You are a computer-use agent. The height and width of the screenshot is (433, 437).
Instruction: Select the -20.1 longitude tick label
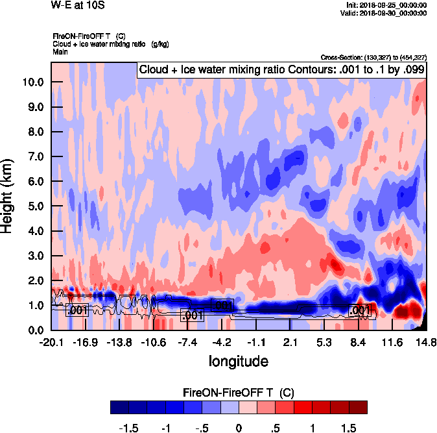(51, 342)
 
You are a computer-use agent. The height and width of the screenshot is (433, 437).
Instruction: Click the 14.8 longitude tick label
(426, 342)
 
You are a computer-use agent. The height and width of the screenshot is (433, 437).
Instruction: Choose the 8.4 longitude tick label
(359, 342)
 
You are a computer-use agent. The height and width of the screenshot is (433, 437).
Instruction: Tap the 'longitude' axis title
(238, 360)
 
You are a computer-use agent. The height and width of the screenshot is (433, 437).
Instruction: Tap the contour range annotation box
(281, 69)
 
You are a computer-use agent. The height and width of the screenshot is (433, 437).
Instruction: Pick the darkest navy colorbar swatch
(120, 407)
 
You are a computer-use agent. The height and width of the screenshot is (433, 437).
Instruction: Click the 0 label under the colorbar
(238, 428)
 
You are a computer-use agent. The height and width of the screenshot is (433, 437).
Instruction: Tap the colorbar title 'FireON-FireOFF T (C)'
(239, 392)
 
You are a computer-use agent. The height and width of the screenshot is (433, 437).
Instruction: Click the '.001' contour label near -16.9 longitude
(78, 310)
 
